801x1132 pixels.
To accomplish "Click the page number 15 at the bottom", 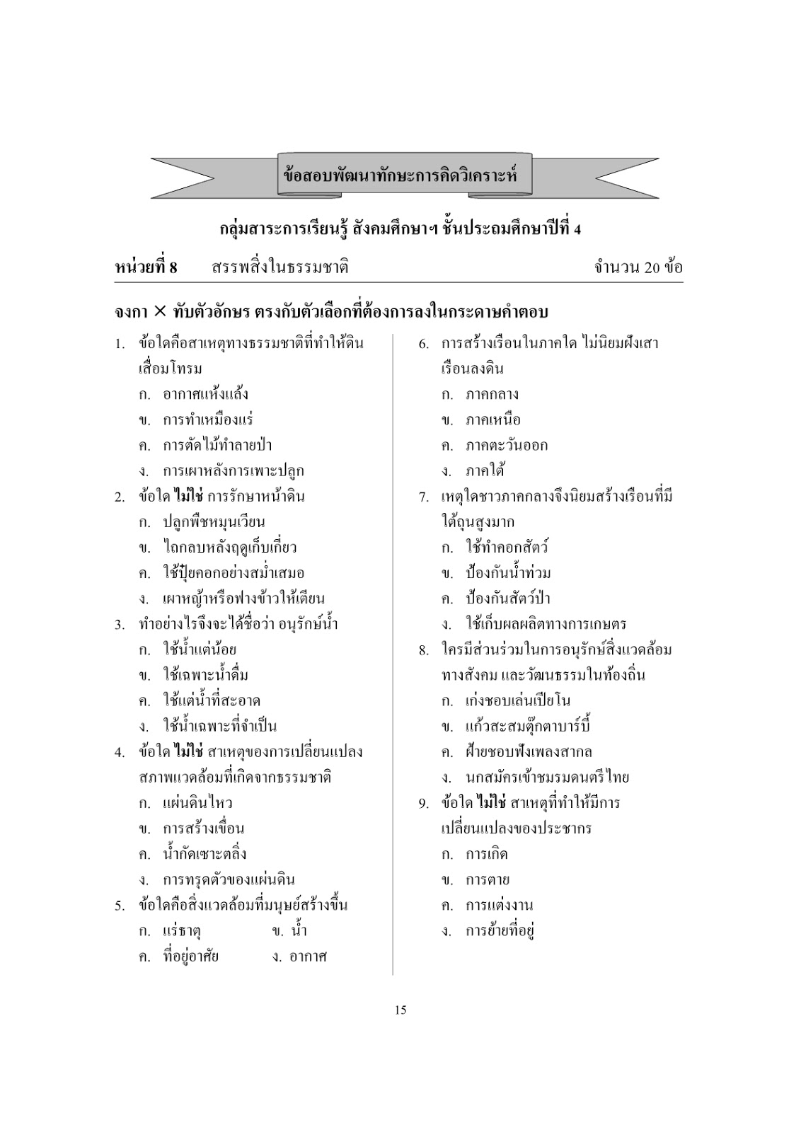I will (x=400, y=1010).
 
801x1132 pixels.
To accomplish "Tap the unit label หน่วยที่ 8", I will (x=146, y=267).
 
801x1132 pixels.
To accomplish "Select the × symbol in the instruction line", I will (x=160, y=312).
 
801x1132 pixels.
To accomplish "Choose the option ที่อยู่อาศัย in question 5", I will (x=190, y=957).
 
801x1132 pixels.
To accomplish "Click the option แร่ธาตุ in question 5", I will (x=182, y=930).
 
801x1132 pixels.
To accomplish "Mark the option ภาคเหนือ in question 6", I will (x=492, y=420).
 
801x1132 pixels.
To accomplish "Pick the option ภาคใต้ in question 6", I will (x=485, y=470).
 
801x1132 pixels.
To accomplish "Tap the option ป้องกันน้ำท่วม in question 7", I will (x=507, y=573).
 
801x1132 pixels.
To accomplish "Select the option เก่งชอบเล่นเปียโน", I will (x=518, y=701).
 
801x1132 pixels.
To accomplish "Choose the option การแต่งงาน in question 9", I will (x=499, y=905).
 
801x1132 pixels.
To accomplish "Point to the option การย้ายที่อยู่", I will (x=499, y=930).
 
